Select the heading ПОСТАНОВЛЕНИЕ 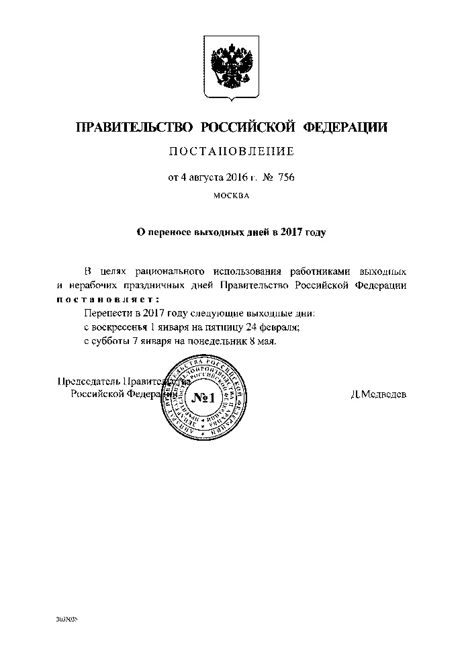(x=231, y=153)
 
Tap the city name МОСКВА (x=231, y=196)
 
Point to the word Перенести (x=107, y=314)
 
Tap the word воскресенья (x=120, y=327)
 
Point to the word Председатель (x=86, y=382)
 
